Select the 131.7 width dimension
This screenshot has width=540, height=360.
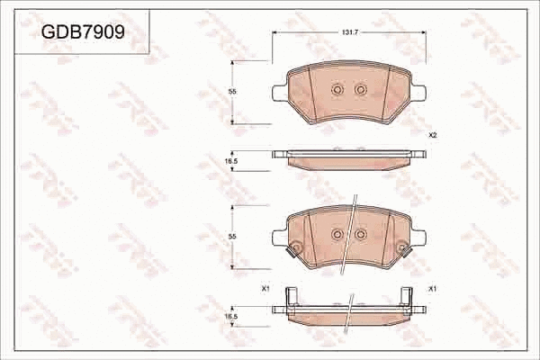(350, 32)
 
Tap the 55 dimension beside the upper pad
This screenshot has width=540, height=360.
(231, 92)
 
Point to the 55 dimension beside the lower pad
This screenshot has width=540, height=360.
(231, 235)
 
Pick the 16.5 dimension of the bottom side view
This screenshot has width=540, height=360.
(231, 316)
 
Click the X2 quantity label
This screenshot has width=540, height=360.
(432, 135)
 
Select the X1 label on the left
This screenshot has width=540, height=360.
(265, 289)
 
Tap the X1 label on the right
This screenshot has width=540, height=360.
(432, 289)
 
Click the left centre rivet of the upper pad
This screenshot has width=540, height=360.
(337, 89)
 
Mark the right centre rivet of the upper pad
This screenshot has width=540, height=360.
(360, 89)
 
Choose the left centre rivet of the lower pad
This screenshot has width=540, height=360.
(337, 234)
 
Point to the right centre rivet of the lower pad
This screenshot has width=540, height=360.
(360, 234)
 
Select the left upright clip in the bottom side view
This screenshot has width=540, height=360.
(288, 297)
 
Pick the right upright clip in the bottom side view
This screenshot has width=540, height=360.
(408, 297)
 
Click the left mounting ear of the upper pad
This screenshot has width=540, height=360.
(278, 92)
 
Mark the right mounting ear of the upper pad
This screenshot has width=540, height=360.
(419, 92)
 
